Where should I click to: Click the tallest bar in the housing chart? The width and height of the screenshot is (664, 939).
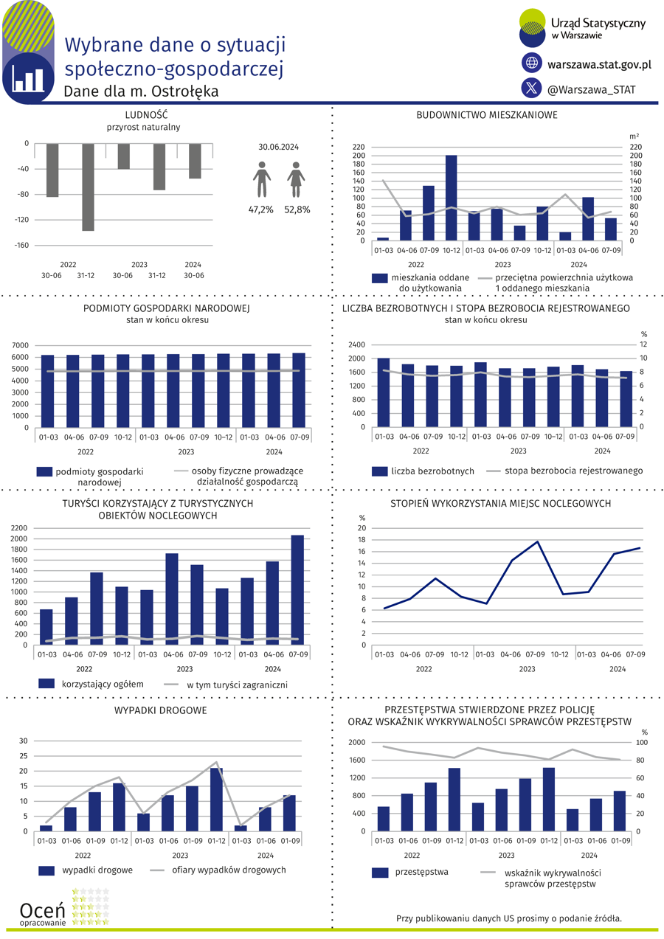(451, 198)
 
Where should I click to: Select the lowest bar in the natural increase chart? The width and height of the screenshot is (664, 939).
(88, 187)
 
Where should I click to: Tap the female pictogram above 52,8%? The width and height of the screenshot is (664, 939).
(296, 179)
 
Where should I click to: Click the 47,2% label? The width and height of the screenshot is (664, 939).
(260, 209)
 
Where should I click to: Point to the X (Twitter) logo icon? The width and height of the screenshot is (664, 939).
(531, 88)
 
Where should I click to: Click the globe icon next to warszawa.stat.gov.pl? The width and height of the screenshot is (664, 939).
(531, 63)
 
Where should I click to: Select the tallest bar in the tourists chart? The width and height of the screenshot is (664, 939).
(297, 590)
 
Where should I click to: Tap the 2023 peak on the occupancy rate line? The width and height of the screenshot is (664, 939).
(537, 541)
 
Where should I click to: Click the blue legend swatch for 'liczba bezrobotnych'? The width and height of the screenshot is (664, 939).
(379, 471)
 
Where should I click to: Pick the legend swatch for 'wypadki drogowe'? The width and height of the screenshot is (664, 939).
(46, 870)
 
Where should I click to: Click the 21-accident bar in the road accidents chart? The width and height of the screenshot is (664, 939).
(217, 800)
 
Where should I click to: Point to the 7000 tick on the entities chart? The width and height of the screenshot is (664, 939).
(20, 345)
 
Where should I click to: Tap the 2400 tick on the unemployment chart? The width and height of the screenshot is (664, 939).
(357, 344)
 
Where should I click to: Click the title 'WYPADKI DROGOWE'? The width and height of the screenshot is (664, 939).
(161, 710)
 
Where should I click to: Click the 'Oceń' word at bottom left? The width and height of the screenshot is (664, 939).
(42, 910)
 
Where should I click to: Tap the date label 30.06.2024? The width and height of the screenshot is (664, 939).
(278, 147)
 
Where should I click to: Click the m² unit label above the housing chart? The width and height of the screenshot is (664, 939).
(634, 136)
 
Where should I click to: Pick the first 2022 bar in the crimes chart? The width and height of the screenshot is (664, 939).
(383, 819)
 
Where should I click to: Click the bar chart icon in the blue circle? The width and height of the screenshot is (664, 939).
(28, 78)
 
